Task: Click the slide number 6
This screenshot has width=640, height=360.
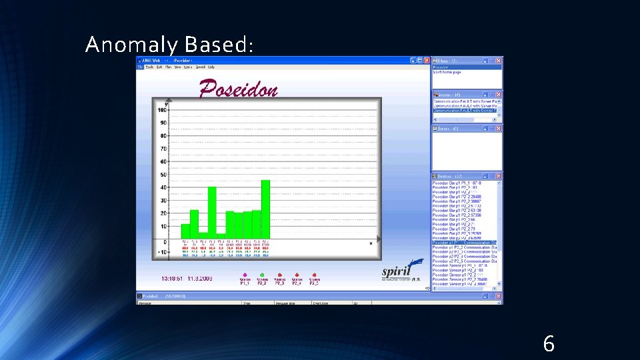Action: click(548, 344)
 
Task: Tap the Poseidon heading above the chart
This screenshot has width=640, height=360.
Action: click(238, 88)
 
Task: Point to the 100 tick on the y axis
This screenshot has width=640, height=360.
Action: click(162, 110)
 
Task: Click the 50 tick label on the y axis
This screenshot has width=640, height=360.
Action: click(163, 175)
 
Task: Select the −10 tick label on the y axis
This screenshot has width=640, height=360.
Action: click(161, 253)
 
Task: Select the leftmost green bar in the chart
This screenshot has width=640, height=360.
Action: click(185, 231)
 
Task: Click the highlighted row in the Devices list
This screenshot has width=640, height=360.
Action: click(465, 243)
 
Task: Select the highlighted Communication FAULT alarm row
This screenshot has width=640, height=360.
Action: click(465, 110)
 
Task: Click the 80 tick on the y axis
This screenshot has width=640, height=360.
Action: click(163, 136)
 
